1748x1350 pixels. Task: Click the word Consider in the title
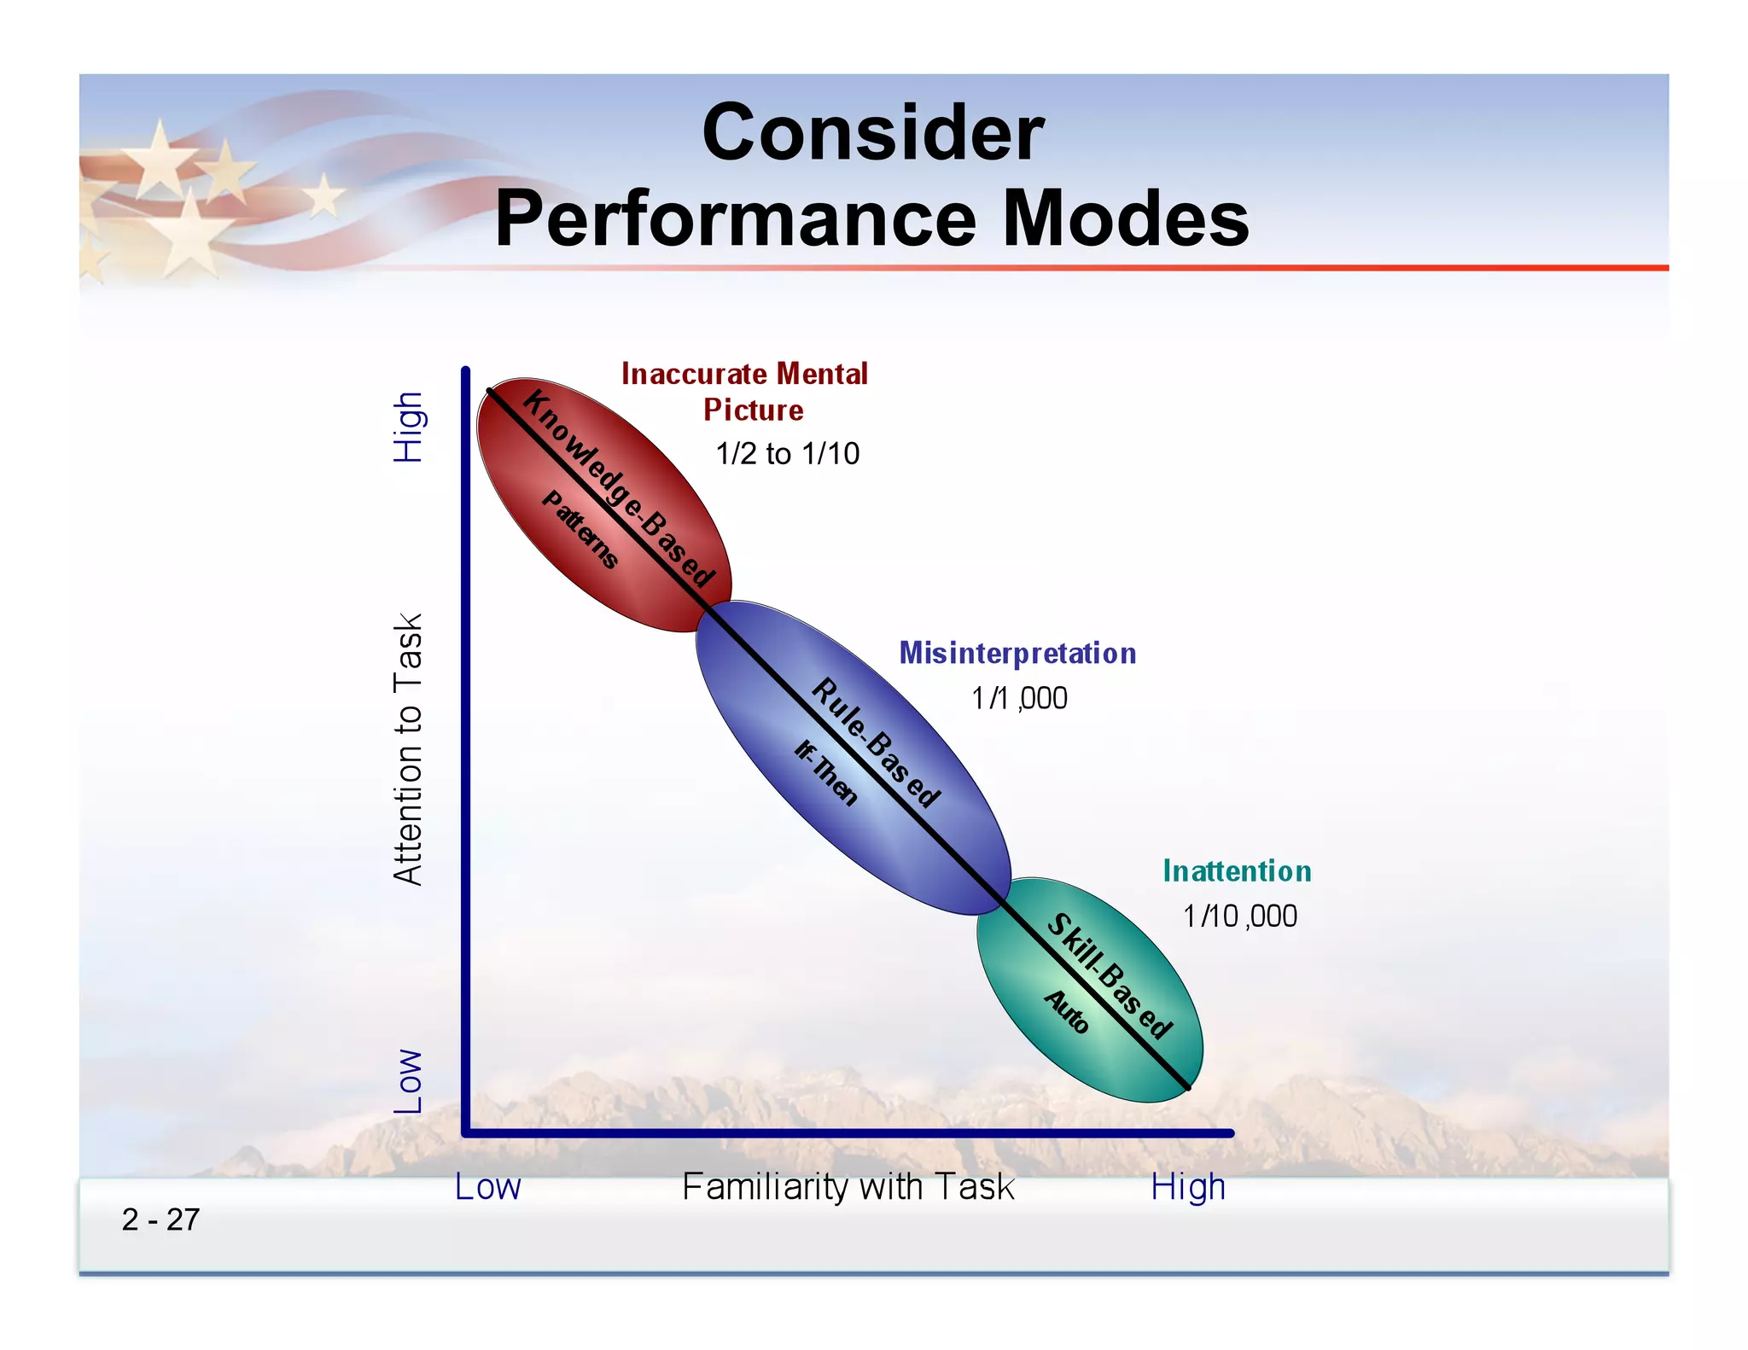872,133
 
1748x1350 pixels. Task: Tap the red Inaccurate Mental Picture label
744,392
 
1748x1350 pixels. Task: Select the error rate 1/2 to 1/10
787,453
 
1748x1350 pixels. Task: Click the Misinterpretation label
1017,654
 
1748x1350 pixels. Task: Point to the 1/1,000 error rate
1019,698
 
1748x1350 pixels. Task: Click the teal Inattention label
1237,871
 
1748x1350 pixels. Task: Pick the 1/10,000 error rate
1239,916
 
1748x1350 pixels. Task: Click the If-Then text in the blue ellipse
825,773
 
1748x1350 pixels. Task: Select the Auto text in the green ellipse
1067,1012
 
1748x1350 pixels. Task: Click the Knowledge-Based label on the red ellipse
619,489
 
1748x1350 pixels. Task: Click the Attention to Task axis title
408,749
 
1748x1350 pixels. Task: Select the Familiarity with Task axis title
848,1187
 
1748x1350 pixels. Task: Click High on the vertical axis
408,428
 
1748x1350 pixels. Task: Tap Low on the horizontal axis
487,1187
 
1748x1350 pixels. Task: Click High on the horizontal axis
1187,1187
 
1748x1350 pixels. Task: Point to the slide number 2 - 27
160,1219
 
